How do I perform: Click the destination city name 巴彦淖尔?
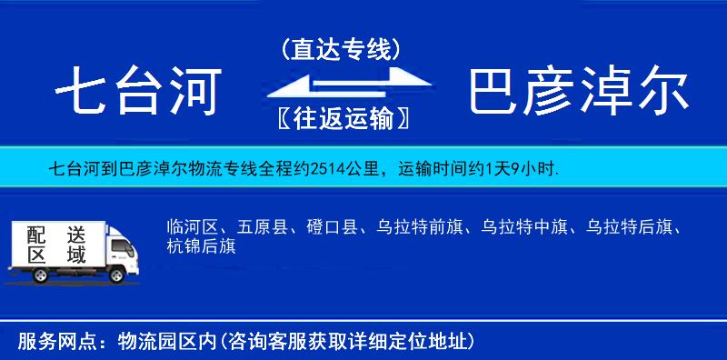click(x=579, y=92)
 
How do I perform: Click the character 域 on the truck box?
click(x=76, y=255)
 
